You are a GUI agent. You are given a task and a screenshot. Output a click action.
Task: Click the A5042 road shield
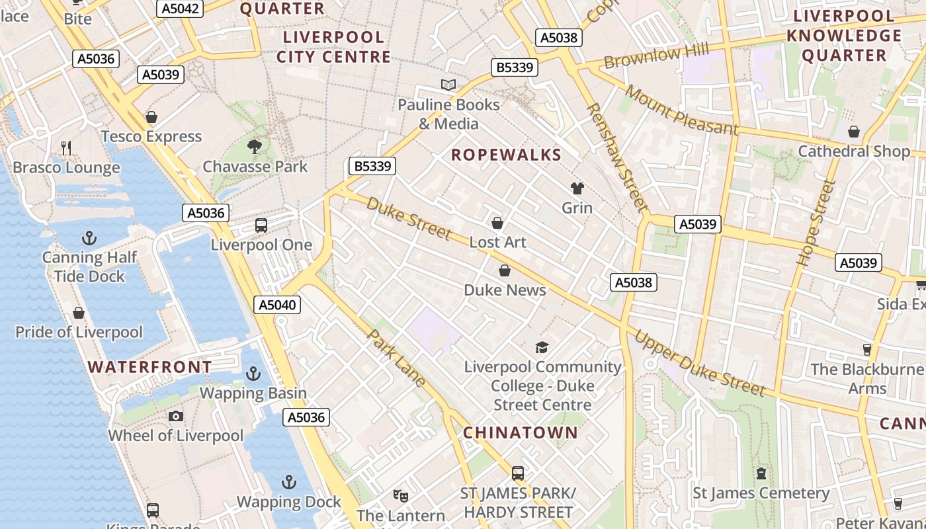(x=179, y=9)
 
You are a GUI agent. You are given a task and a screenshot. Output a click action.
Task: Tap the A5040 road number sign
(x=277, y=305)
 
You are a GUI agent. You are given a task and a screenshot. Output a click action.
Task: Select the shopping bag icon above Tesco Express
(x=151, y=117)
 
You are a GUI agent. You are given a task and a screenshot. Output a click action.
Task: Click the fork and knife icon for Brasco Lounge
(x=66, y=147)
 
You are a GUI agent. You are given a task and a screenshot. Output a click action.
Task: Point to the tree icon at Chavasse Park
(x=255, y=147)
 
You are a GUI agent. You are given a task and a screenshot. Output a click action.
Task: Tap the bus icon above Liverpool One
(x=261, y=225)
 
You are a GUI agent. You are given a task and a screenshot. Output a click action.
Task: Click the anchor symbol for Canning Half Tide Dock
(x=89, y=237)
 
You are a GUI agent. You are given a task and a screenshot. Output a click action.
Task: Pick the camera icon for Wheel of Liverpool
(x=175, y=416)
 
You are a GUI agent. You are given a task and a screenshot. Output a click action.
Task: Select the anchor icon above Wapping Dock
(x=288, y=481)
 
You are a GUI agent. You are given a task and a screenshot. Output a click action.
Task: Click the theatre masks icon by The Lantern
(x=400, y=495)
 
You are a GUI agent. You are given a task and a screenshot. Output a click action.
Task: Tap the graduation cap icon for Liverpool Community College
(x=542, y=347)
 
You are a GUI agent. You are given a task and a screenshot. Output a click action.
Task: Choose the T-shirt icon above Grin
(x=577, y=188)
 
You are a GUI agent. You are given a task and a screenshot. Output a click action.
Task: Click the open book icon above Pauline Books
(x=448, y=85)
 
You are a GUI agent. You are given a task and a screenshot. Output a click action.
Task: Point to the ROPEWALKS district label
(x=506, y=155)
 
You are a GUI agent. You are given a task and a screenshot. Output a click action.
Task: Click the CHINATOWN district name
(x=520, y=433)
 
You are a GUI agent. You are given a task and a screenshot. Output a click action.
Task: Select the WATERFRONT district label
(x=150, y=367)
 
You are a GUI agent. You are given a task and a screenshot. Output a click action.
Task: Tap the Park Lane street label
(x=396, y=358)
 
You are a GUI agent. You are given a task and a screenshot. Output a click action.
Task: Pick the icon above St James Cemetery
(x=761, y=473)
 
